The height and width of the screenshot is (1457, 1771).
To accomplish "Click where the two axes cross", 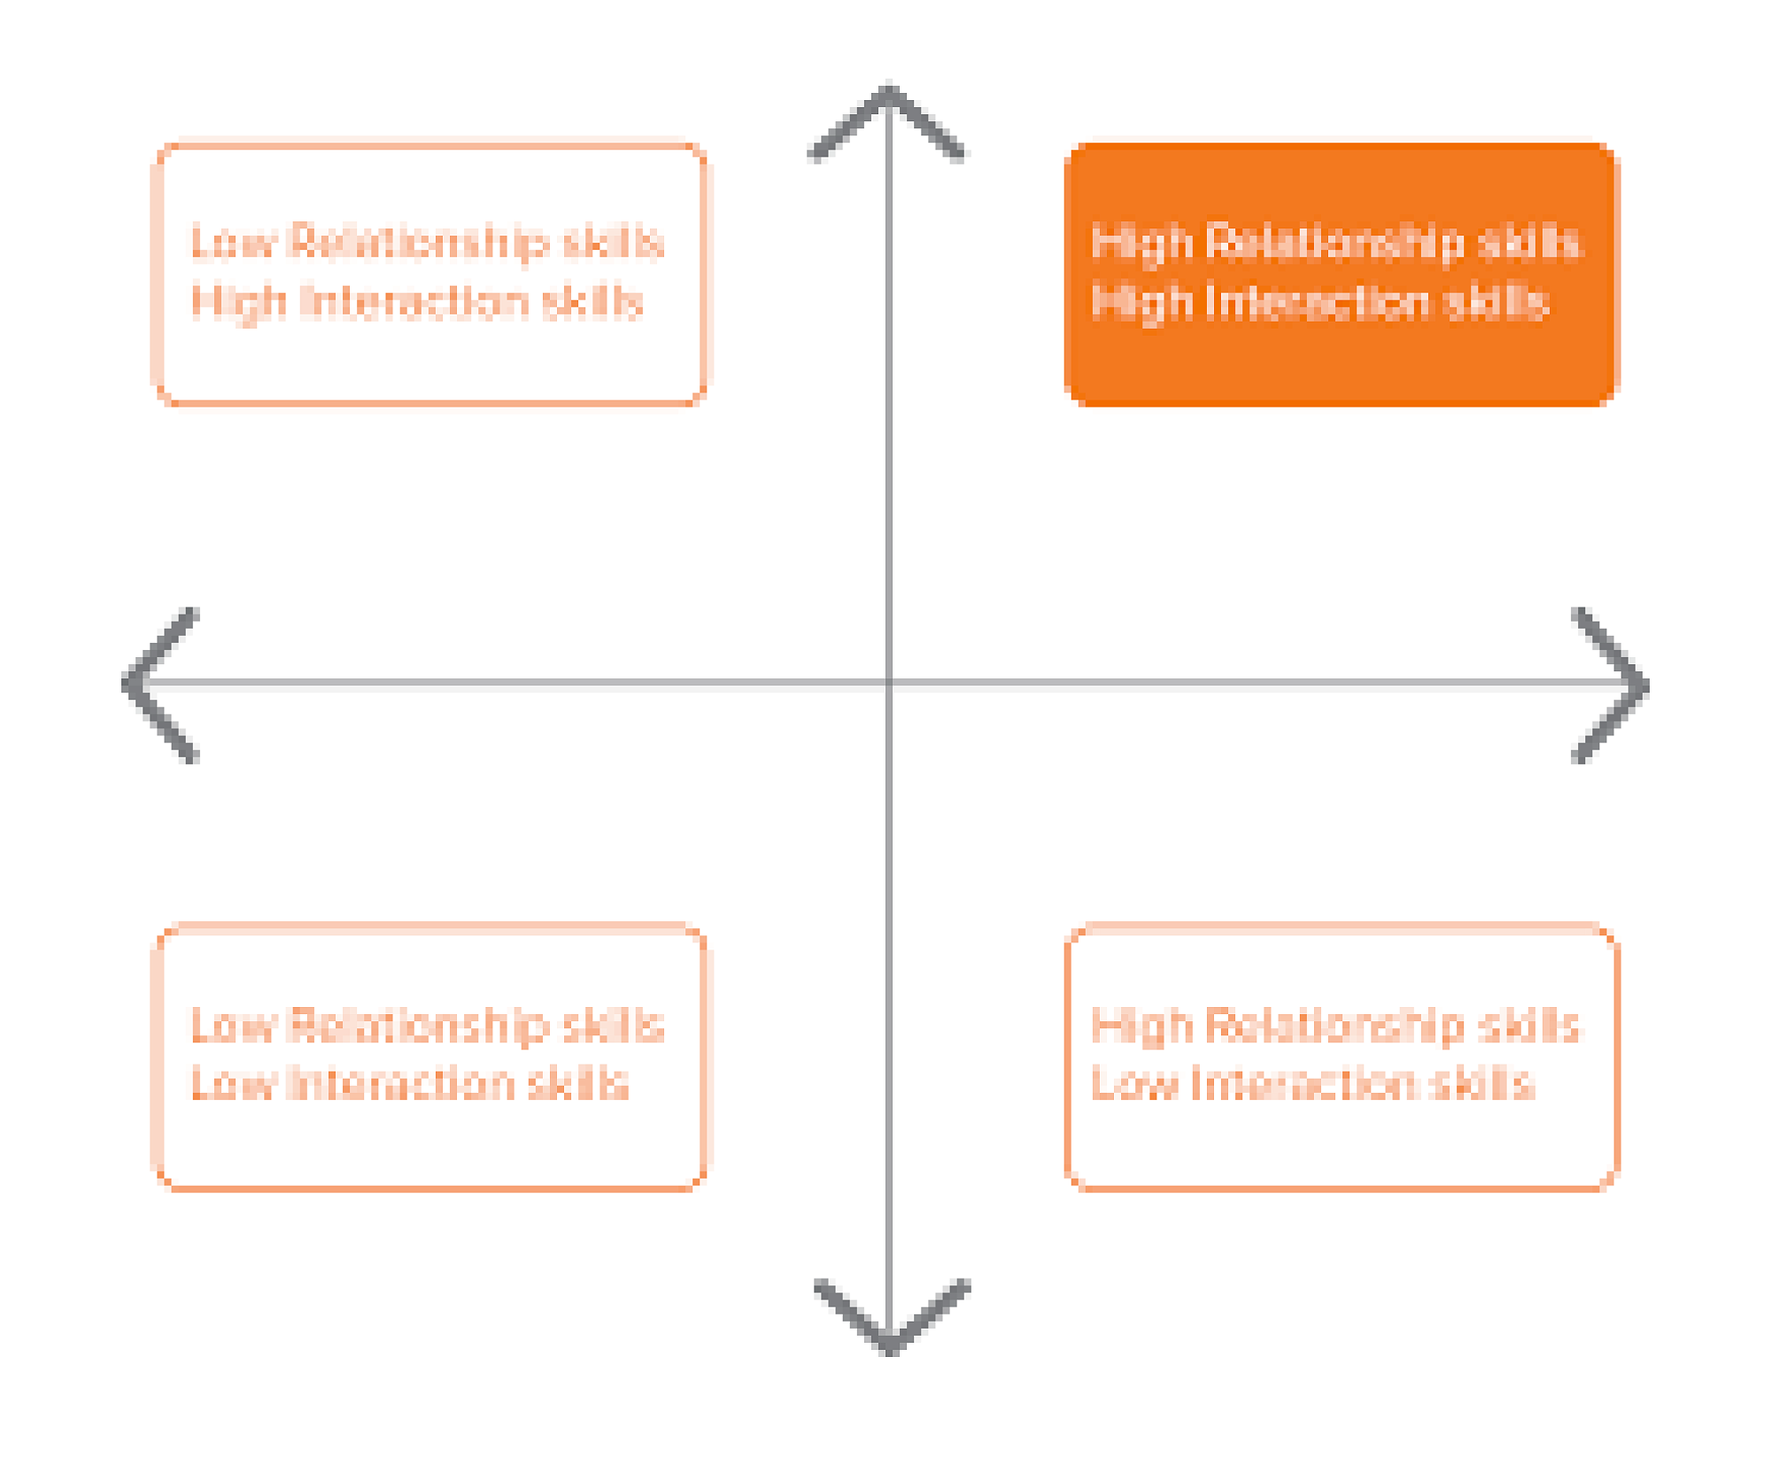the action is pos(889,682).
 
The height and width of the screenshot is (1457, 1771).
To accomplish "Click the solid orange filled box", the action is pos(1342,274).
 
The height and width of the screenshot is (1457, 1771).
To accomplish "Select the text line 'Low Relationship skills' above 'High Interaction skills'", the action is pos(428,242).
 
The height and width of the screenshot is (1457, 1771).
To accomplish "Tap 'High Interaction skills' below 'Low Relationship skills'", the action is pos(417,302).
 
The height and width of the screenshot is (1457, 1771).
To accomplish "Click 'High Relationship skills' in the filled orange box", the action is pos(1335,242).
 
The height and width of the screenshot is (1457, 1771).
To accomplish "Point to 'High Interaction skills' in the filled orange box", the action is pos(1319,302).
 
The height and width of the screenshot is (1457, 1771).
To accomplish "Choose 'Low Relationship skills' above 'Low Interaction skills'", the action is pos(428,1026).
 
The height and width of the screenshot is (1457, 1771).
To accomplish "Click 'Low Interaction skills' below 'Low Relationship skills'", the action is pos(410,1083).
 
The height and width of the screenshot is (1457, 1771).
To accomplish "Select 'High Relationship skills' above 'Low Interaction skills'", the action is pos(1335,1026).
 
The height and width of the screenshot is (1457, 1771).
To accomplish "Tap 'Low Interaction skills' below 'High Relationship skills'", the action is pos(1312,1083).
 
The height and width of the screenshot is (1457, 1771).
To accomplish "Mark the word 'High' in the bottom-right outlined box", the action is pos(1142,1026).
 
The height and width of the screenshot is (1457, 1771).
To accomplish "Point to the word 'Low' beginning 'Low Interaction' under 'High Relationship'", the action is pos(1134,1083).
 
